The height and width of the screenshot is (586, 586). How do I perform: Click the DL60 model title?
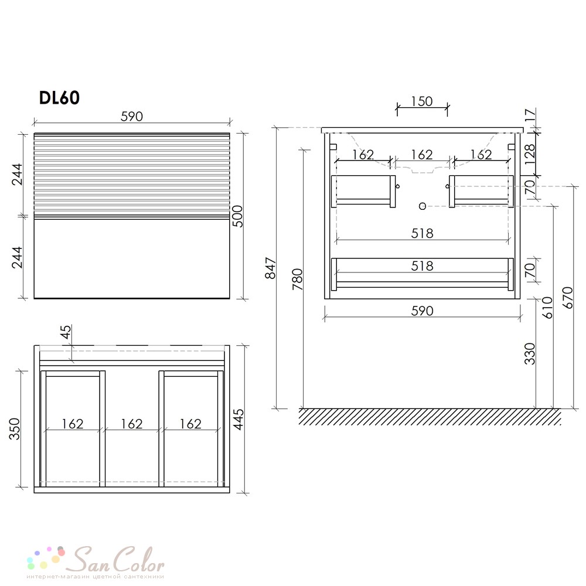pos(59,98)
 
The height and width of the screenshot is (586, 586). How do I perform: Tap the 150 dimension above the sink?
pos(422,101)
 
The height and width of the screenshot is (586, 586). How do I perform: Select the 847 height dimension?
pos(270,268)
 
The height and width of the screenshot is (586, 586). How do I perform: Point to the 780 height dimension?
pos(298,279)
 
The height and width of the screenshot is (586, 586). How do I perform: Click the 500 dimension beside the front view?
pos(238,216)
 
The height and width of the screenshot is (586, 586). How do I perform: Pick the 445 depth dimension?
pos(238,420)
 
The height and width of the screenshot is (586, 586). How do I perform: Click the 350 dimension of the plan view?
pos(15,429)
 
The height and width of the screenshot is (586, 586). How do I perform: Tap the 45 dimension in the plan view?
pos(66,332)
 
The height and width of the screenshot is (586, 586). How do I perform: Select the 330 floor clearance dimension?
pos(530,353)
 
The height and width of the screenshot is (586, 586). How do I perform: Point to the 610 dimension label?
pos(547,308)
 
